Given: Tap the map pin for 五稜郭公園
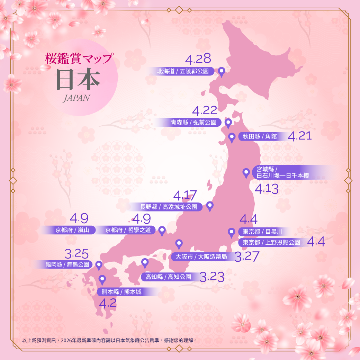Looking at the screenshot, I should [222, 71].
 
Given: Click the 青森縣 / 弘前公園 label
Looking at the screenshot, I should [193, 122].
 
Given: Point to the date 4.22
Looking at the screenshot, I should [205, 111].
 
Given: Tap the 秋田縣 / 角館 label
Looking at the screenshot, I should [260, 136].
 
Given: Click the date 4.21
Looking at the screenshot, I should [299, 136].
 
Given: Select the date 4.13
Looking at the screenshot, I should [267, 189].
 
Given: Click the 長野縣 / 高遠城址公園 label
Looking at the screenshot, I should [169, 207].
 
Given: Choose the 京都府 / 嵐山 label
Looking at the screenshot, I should [72, 230].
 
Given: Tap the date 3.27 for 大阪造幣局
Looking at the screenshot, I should [246, 257].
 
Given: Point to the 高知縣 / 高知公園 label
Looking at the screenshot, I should [168, 277].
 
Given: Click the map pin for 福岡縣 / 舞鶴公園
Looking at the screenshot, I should [99, 265].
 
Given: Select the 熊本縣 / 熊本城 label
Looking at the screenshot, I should [121, 292].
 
